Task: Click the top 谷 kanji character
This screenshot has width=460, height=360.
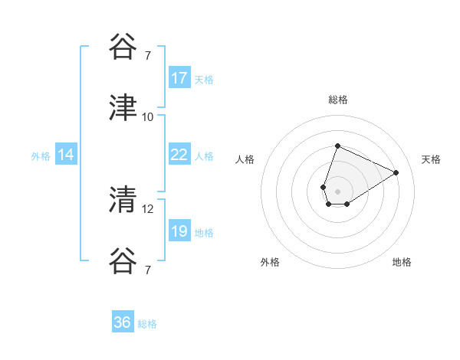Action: (123, 47)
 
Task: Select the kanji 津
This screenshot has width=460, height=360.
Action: (123, 107)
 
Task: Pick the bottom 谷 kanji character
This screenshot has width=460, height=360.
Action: (123, 260)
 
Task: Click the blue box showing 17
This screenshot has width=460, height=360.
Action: (179, 78)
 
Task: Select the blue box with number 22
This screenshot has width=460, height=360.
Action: (179, 155)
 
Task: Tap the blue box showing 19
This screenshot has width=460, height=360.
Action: (179, 231)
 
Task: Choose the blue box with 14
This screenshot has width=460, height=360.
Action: (66, 155)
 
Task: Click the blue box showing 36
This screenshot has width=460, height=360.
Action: (123, 322)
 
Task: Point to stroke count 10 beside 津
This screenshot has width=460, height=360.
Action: (148, 116)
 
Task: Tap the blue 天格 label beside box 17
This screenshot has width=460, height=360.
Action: (204, 79)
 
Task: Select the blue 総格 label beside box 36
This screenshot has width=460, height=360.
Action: (147, 324)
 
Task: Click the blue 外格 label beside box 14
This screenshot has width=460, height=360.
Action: (41, 155)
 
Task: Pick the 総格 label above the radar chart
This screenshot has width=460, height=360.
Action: (337, 100)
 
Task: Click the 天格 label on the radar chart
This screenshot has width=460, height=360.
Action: (431, 159)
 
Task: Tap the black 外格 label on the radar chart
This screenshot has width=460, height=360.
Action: (270, 262)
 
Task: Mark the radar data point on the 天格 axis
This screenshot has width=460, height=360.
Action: (396, 172)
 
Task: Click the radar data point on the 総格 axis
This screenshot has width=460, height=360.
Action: (337, 146)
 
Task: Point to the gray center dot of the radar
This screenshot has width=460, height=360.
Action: (337, 191)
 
